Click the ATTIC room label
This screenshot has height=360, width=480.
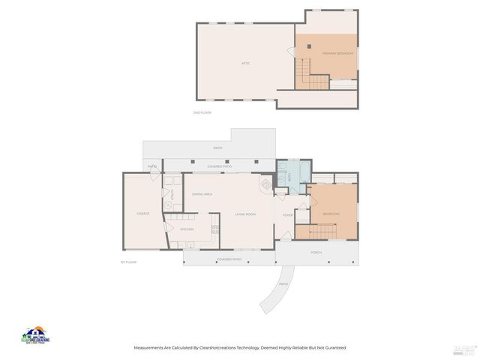246,63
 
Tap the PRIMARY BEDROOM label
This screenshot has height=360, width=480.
338,53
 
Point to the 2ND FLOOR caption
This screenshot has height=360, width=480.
202,112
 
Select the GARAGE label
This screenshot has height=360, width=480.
142,214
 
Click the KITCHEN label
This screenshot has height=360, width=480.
187,229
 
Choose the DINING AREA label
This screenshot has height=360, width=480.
202,194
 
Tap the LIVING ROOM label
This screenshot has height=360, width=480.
245,214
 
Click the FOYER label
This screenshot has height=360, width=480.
287,214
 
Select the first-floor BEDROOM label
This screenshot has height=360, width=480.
331,214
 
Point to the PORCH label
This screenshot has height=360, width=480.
316,252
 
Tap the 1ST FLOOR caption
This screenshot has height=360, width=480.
128,262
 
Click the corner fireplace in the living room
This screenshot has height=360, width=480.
265,184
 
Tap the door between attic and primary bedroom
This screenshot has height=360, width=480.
291,52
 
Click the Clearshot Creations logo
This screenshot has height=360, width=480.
34,335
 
